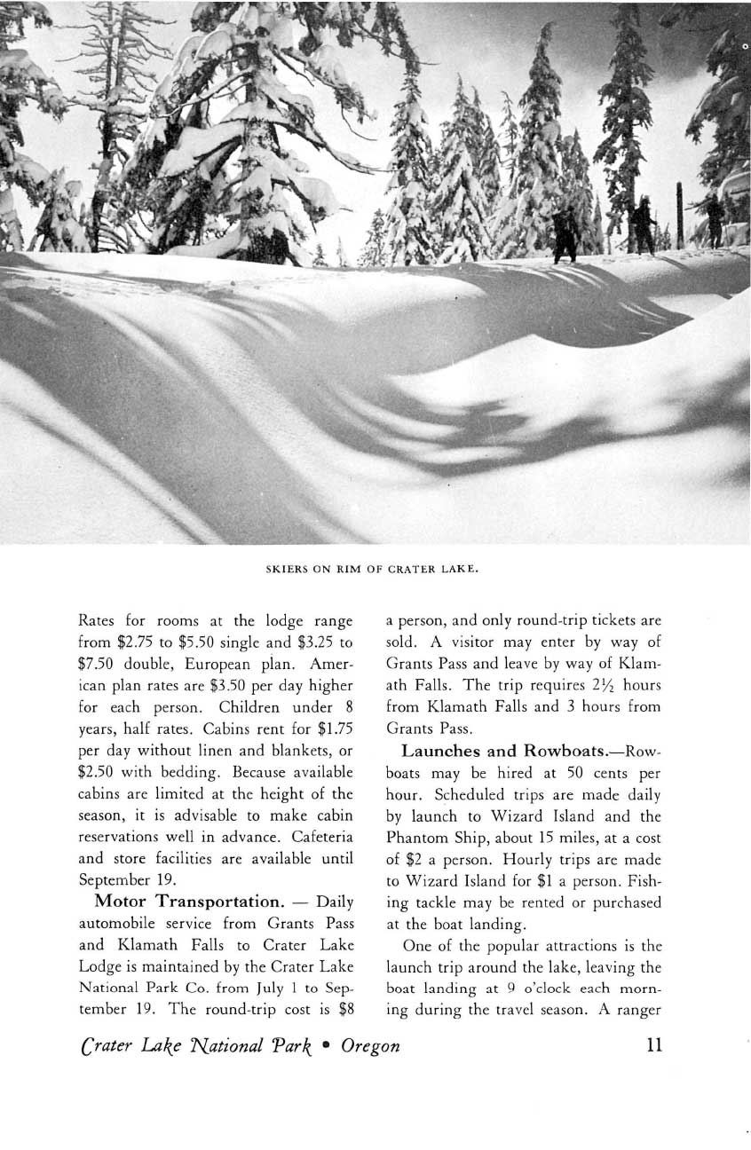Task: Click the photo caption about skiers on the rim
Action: [x=374, y=569]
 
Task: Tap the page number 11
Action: [x=656, y=1044]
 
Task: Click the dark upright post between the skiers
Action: [x=680, y=216]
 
